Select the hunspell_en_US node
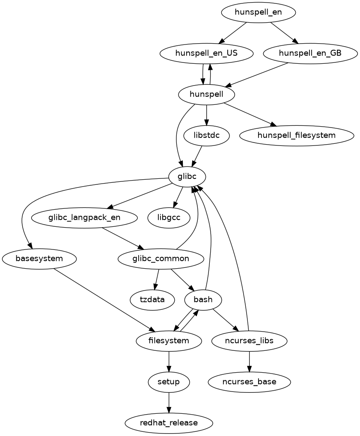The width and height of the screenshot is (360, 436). click(206, 53)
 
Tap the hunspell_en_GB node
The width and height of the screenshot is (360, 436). click(310, 53)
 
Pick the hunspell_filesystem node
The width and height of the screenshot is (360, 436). click(297, 136)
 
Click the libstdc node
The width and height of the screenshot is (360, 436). click(206, 136)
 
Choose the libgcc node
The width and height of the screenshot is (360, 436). click(169, 218)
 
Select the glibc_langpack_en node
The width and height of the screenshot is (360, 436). click(84, 218)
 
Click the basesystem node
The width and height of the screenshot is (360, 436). click(39, 259)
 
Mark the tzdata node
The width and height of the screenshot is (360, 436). click(152, 300)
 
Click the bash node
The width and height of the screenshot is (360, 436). click(203, 300)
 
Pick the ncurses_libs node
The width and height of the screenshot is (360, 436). click(249, 341)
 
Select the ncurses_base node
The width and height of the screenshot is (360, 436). click(249, 382)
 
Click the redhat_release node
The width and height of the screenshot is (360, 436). click(169, 423)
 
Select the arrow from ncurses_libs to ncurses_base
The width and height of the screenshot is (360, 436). click(249, 361)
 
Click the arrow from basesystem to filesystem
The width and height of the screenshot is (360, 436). click(103, 300)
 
